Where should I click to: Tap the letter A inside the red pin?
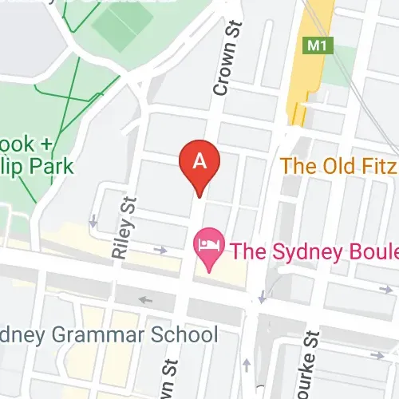pyautogui.click(x=200, y=160)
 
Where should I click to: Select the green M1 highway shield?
pyautogui.click(x=317, y=46)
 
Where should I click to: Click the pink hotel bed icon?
pyautogui.click(x=209, y=243)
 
